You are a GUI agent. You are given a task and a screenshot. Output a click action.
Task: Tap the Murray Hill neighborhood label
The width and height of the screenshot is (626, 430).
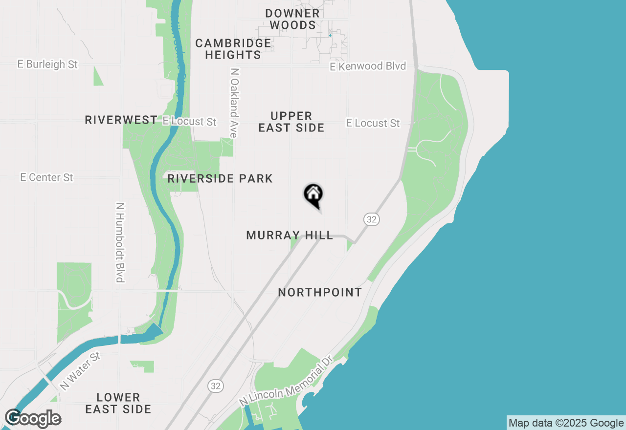(290, 236)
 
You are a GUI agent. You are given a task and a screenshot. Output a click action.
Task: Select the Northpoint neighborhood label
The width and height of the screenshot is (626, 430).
(320, 292)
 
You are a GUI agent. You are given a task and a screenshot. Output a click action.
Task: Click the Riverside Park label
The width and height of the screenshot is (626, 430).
(220, 178)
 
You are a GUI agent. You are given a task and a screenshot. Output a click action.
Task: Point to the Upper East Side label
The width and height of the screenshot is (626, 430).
(291, 122)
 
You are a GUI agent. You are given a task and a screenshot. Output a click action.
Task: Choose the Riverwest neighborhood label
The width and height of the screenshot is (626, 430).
(121, 120)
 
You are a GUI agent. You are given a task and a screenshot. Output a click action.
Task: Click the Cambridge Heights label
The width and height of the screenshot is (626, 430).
(233, 49)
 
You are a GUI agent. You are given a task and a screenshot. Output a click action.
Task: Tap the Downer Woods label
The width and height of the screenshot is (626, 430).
(292, 19)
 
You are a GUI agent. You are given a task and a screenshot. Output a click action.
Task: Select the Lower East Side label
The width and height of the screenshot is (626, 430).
(118, 403)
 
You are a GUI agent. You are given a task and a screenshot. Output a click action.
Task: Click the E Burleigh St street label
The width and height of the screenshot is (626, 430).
(47, 64)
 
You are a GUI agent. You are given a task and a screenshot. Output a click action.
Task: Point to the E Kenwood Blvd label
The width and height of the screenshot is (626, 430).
(368, 66)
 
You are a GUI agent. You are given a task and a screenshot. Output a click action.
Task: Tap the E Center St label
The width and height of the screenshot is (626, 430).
(47, 177)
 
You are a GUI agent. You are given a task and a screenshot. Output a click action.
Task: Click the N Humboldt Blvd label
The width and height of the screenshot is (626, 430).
(120, 242)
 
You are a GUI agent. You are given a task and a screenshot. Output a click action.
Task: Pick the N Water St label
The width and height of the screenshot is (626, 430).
(80, 370)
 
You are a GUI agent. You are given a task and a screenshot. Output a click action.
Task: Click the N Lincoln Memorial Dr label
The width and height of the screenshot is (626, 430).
(286, 381)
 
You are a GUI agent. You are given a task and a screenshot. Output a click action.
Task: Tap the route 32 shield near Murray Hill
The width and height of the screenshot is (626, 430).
(372, 219)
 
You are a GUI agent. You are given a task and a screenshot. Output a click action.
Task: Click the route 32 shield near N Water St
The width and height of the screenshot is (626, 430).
(215, 386)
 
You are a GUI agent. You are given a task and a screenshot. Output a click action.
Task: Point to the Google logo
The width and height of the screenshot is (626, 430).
(33, 419)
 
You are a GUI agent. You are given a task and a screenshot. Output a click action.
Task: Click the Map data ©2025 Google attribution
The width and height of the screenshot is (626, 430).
(566, 423)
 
